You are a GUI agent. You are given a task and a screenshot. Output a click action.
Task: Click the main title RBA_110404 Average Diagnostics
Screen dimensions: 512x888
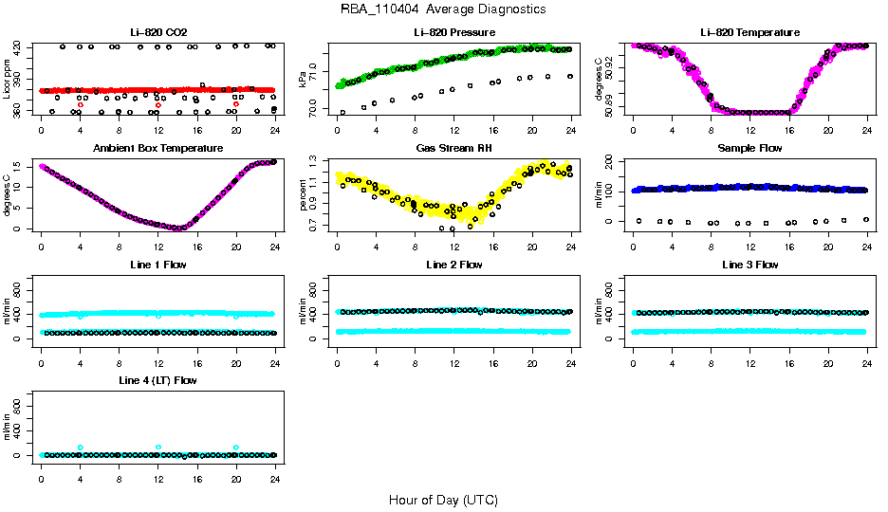pyautogui.click(x=443, y=9)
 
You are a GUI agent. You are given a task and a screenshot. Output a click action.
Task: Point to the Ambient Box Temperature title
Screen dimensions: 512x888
pyautogui.click(x=157, y=148)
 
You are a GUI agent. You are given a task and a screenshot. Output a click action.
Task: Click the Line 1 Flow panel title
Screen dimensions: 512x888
pyautogui.click(x=157, y=264)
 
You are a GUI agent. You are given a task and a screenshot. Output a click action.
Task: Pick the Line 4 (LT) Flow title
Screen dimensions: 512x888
pyautogui.click(x=157, y=379)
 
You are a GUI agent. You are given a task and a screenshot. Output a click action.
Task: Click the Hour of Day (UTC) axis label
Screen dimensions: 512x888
pyautogui.click(x=443, y=500)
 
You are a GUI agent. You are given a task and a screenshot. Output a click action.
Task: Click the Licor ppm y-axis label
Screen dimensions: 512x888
pyautogui.click(x=8, y=79)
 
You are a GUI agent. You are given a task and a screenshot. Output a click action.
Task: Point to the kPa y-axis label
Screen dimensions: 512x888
pyautogui.click(x=304, y=79)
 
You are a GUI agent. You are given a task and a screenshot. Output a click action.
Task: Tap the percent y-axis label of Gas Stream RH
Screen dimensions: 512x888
pyautogui.click(x=304, y=194)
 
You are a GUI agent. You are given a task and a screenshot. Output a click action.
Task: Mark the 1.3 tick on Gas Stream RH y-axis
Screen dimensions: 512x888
pyautogui.click(x=317, y=163)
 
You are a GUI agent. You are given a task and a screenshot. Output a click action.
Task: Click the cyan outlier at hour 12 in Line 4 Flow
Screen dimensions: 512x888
pyautogui.click(x=157, y=447)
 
